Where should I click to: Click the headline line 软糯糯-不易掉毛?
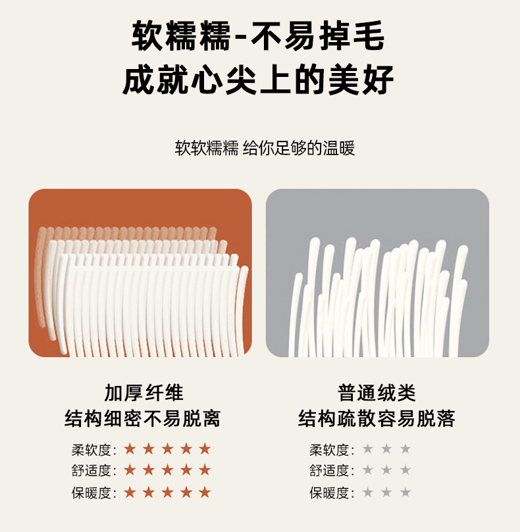point(258,36)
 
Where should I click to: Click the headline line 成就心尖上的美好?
point(258,80)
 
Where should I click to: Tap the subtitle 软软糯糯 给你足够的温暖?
point(265,148)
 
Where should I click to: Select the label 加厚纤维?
point(143,393)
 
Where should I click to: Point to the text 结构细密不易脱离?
point(143,418)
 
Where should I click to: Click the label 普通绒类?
point(377,393)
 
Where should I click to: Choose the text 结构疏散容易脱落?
point(377,418)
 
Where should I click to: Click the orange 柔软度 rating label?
point(94,450)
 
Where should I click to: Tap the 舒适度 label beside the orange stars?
point(94,471)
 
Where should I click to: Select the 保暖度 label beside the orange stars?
point(94,493)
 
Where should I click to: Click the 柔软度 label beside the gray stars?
point(332,450)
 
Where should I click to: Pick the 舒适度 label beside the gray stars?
point(332,471)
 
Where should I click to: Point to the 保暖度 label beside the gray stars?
point(332,493)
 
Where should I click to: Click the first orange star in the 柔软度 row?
point(130,449)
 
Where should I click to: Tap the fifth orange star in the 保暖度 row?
point(205,493)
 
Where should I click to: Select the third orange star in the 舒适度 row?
point(167,470)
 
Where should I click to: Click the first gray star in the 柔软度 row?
point(367,449)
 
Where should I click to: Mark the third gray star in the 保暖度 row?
point(405,493)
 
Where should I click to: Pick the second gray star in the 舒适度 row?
point(386,470)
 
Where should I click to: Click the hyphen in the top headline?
point(240,37)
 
